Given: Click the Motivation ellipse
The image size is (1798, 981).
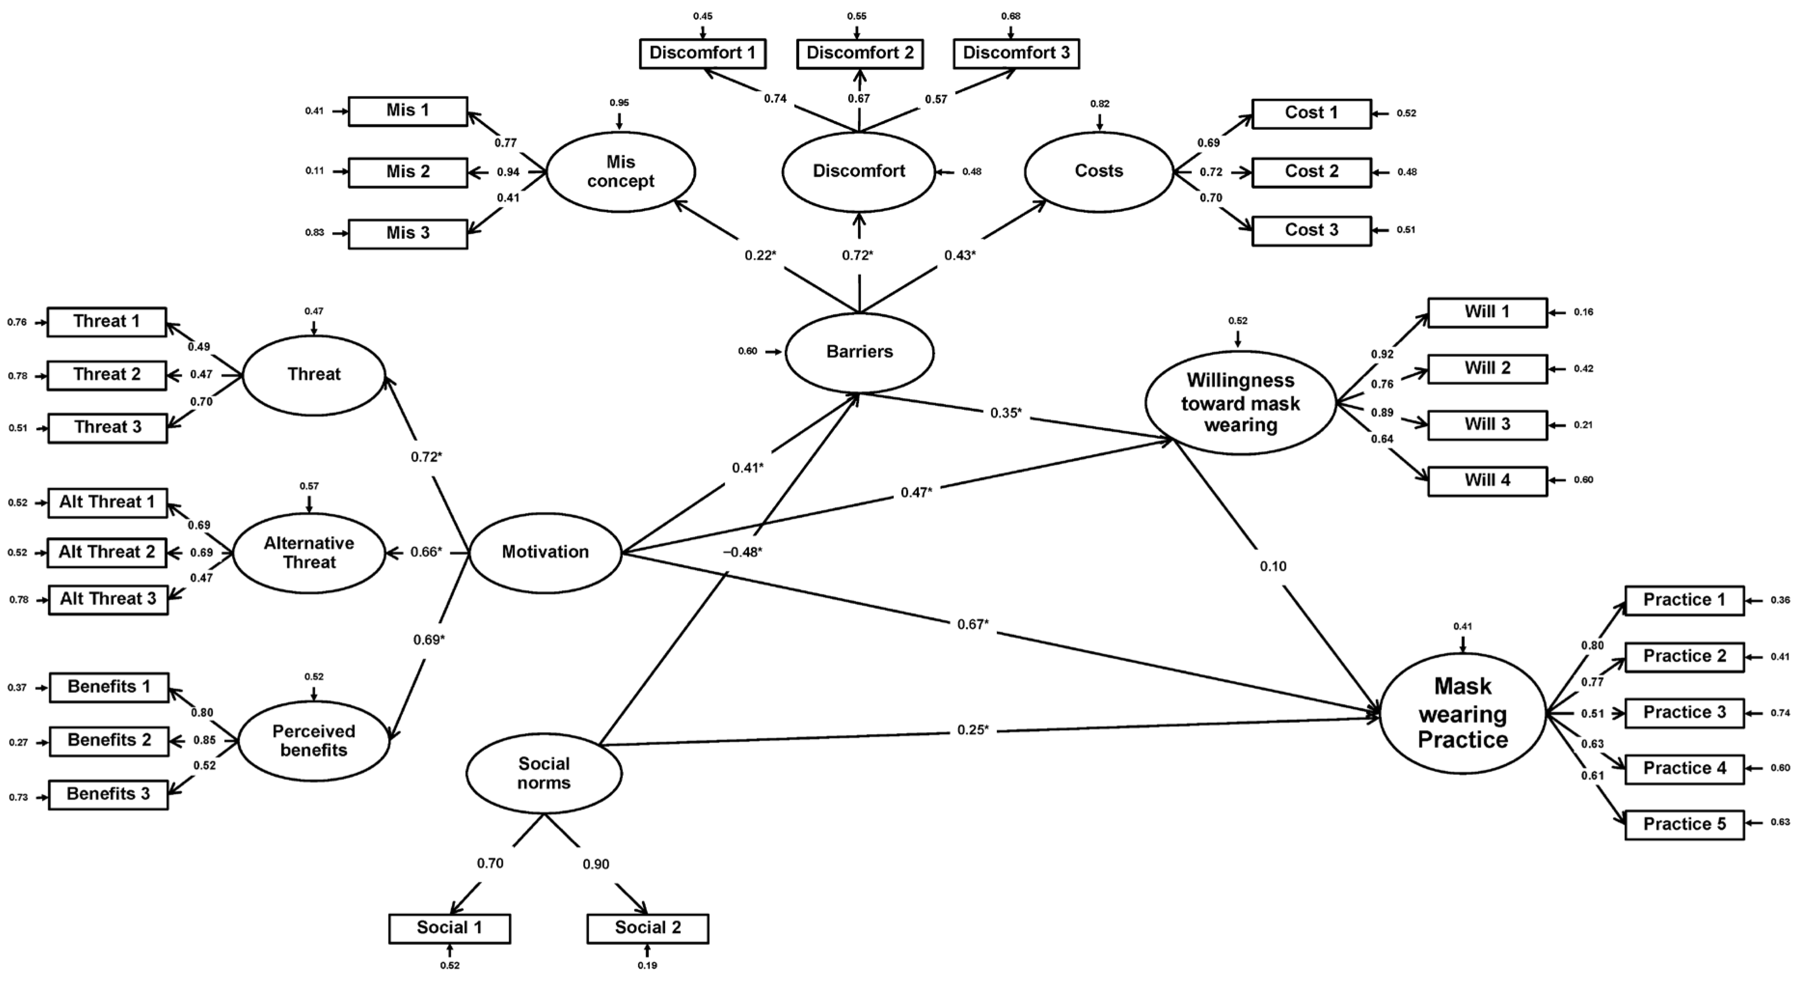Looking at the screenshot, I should (545, 553).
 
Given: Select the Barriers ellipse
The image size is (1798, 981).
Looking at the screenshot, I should (859, 352).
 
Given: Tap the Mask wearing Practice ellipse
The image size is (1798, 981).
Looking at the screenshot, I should (1462, 713).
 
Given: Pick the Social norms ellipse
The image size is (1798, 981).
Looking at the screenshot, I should (544, 773).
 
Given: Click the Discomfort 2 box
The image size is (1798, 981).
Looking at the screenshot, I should (859, 53).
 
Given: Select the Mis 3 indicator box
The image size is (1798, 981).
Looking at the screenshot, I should (408, 233).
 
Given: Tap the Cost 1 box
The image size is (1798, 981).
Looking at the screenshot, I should (1311, 113).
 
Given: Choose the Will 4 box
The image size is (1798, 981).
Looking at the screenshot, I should (1487, 481).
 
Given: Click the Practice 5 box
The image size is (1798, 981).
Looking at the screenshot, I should (1684, 824).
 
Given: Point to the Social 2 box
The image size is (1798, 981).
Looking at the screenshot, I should (647, 928).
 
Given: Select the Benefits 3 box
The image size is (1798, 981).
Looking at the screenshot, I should (108, 794).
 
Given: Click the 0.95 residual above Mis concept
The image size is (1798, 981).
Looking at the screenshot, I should (618, 103).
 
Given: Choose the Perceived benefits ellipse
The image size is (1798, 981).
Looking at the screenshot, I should (313, 741).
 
